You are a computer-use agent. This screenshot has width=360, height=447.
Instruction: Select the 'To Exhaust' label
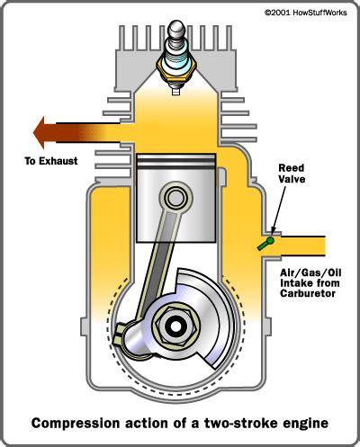pos(51,162)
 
